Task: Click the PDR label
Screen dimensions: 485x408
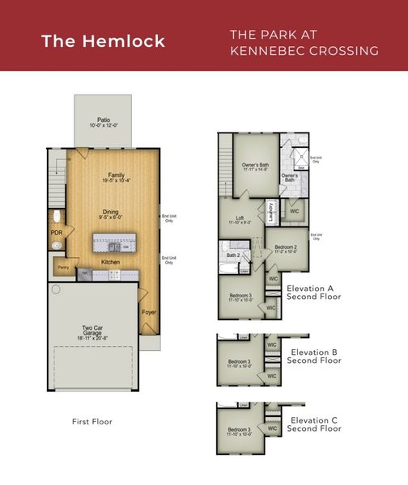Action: [x=57, y=233]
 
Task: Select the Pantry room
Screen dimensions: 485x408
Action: [x=62, y=266]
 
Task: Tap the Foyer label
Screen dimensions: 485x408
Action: [x=149, y=311]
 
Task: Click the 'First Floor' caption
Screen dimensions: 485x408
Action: [x=91, y=421]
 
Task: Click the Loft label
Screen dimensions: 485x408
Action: [x=239, y=217]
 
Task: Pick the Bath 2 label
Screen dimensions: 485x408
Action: [x=232, y=255]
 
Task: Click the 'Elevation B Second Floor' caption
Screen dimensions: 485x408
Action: [x=313, y=356]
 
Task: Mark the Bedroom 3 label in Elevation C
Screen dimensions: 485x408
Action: [x=239, y=429]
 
